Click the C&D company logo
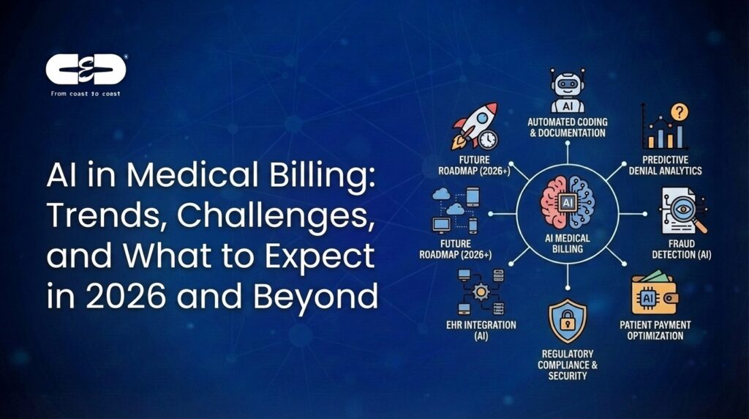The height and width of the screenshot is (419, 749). (86, 70)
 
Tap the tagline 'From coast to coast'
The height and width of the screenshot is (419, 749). (86, 94)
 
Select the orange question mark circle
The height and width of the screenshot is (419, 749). (680, 111)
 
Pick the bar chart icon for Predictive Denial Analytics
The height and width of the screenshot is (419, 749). (664, 132)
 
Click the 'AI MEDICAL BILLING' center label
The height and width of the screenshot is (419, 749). (568, 242)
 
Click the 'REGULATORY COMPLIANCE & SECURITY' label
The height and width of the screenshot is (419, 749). (567, 365)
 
